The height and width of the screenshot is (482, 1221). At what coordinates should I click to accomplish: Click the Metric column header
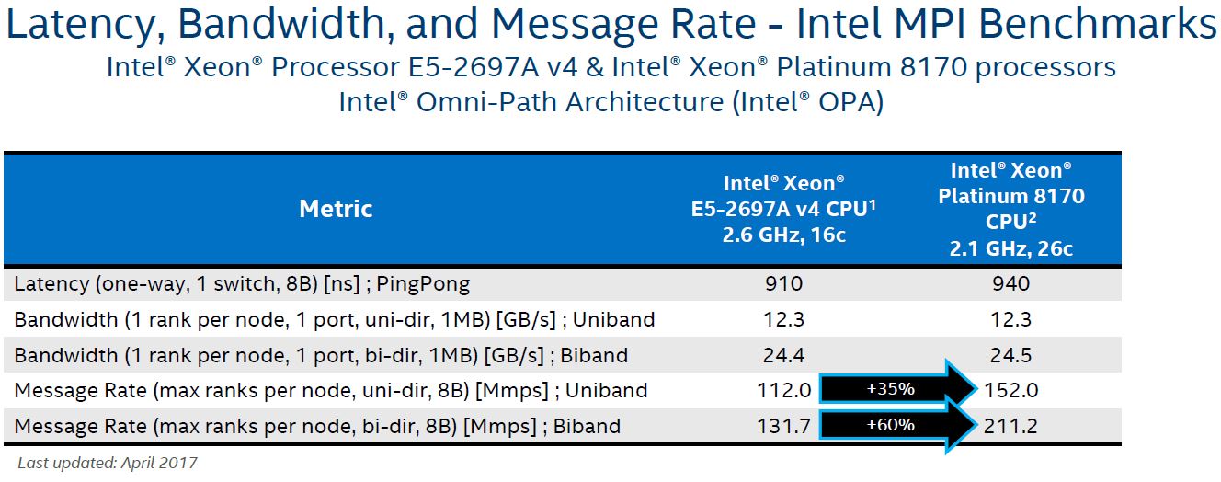[336, 209]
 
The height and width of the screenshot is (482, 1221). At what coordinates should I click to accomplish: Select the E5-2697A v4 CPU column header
[783, 209]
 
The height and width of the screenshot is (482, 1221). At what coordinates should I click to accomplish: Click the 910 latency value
[783, 284]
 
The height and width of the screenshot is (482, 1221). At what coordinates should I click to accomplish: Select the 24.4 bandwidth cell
[783, 355]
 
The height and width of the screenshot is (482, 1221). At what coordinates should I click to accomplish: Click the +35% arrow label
[890, 389]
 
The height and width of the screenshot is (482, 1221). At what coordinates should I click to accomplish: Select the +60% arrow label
[890, 425]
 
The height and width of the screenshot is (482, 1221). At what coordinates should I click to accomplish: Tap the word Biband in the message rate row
[587, 426]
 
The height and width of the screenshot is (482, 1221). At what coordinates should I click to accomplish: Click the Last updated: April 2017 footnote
[108, 462]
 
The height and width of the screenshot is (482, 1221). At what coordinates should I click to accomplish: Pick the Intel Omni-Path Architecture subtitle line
[610, 101]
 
